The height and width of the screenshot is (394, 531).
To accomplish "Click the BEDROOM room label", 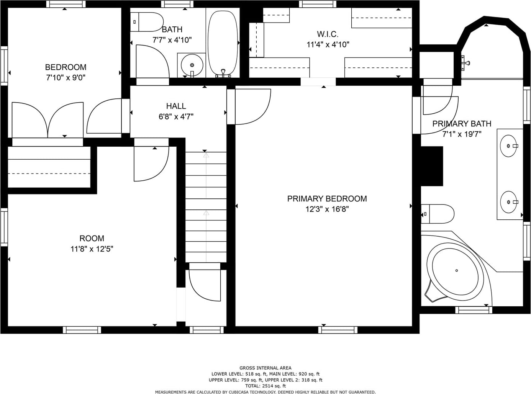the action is pos(66,67).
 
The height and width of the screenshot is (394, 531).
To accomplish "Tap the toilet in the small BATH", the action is pos(146,22).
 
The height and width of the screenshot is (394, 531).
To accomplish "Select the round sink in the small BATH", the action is pos(192,65).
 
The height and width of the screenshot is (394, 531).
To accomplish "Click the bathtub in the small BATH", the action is pos(223,44).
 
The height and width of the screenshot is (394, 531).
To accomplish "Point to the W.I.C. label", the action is pos(328,34).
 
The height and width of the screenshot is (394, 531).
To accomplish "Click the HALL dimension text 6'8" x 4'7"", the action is pos(176,116).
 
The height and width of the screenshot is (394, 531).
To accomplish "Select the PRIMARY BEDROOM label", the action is pos(327,199).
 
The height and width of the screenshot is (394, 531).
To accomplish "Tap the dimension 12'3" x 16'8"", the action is pos(327,209).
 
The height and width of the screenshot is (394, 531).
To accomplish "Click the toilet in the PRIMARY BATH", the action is pos(438,214).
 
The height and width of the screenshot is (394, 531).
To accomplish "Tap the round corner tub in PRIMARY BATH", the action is pos(455,272).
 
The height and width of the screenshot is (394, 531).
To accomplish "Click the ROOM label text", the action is pos(92,239).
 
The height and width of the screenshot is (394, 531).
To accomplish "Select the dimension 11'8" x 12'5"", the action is pos(92,249).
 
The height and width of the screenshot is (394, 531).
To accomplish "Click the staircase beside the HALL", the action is pos(206,207).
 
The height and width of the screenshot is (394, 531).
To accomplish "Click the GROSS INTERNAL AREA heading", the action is pos(265,368).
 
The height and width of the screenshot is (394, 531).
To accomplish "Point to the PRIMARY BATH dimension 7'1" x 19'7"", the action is pos(462,134).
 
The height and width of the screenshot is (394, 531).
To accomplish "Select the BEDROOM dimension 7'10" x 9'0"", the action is pos(66,78).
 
